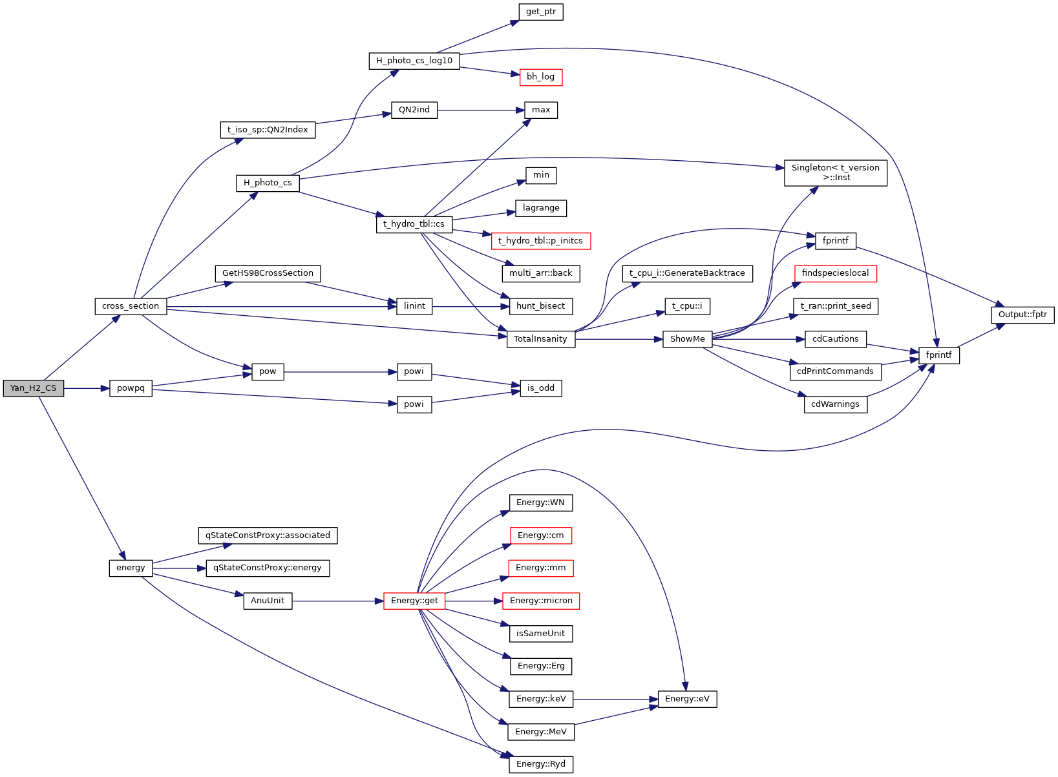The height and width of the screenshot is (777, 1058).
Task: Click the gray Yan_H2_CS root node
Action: click(34, 388)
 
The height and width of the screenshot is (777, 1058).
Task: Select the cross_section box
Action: click(131, 306)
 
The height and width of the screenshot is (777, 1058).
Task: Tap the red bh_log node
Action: click(541, 77)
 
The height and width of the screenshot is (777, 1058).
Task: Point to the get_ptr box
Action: click(541, 12)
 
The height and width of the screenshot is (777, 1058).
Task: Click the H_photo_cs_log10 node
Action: click(414, 61)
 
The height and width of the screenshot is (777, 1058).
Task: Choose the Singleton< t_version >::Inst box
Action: click(835, 172)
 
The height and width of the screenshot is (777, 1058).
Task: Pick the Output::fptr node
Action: click(1022, 315)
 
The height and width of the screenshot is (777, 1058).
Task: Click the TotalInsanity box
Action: click(540, 339)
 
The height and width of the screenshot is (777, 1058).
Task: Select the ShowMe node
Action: click(687, 339)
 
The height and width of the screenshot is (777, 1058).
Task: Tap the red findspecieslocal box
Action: click(835, 273)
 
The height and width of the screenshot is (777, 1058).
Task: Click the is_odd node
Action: click(541, 388)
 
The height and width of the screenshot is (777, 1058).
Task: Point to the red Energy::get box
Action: click(414, 601)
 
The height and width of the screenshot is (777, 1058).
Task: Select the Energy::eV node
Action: click(687, 699)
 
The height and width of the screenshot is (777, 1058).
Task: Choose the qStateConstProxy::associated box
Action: click(268, 535)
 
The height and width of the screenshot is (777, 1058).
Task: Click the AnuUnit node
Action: click(268, 601)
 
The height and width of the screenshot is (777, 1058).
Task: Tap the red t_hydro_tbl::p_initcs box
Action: click(540, 241)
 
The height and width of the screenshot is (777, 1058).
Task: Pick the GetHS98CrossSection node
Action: click(268, 273)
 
